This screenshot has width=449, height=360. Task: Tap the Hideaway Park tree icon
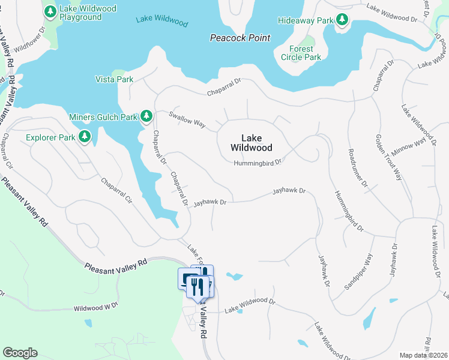tap(342, 20)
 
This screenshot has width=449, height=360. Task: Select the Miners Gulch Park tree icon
tap(146, 115)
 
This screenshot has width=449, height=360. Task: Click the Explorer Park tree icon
tap(85, 137)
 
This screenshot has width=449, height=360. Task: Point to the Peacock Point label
tap(240, 38)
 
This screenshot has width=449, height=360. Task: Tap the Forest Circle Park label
tap(301, 53)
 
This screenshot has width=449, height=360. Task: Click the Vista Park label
tap(114, 79)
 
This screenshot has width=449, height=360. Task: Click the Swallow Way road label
tap(187, 119)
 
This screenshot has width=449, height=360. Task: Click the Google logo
tap(20, 353)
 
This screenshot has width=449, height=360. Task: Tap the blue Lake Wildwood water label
tap(161, 21)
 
